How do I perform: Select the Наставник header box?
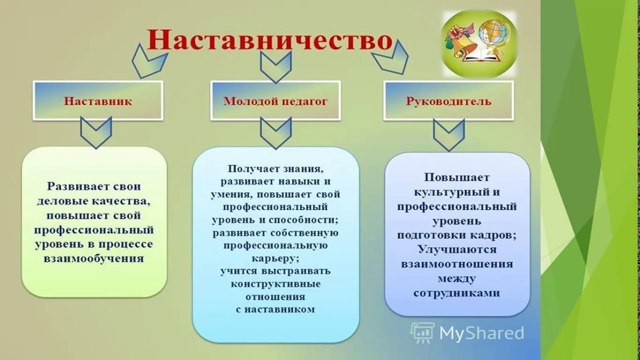click(x=98, y=100)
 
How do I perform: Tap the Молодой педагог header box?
click(x=275, y=100)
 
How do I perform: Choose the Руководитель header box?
click(x=448, y=100)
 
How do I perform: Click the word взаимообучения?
click(x=93, y=258)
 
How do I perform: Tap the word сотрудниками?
click(x=456, y=293)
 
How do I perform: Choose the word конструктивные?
click(x=275, y=284)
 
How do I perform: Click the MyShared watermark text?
click(x=481, y=333)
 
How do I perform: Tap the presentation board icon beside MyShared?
click(x=422, y=333)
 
